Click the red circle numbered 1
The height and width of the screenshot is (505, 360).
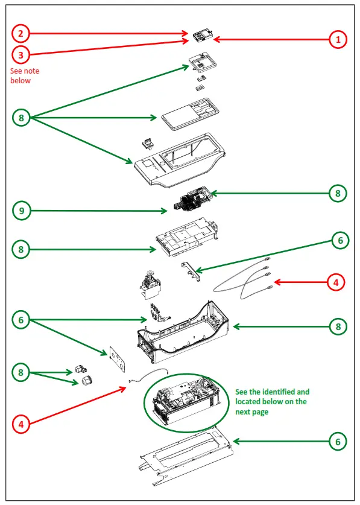point(338,40)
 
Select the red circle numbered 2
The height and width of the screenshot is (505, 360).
point(21,33)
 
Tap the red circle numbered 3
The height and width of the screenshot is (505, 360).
point(21,55)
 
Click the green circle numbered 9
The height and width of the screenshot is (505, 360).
point(21,211)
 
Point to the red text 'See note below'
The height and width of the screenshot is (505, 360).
point(25,75)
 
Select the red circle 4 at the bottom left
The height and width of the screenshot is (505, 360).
point(21,424)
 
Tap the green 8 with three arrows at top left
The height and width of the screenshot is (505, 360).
point(21,118)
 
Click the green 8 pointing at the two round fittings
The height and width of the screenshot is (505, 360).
point(21,373)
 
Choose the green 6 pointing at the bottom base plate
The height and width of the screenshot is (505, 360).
point(338,442)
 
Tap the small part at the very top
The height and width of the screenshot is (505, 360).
point(201,35)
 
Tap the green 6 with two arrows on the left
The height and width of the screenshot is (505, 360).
point(21,319)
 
